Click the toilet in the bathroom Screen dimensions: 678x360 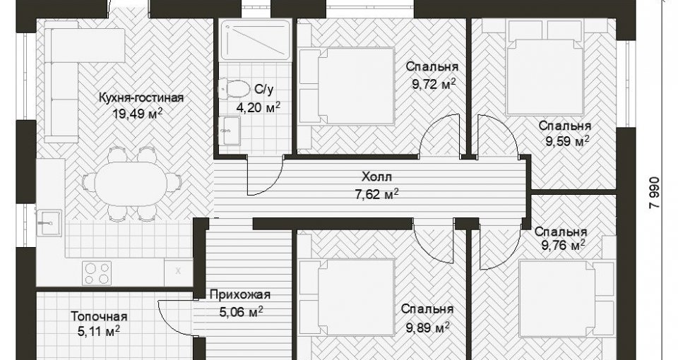click(234, 88)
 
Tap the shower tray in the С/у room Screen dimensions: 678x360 click(255, 40)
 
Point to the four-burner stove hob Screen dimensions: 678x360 click(97, 273)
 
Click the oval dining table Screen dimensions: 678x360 click(131, 184)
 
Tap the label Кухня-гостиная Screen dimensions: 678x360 click(141, 97)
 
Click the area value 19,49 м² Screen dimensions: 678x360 click(138, 114)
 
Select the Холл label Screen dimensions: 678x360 click(376, 176)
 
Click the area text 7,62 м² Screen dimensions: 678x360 click(376, 195)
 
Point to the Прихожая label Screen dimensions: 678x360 click(240, 295)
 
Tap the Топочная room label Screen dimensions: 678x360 click(99, 317)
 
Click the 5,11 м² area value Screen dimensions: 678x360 click(99, 332)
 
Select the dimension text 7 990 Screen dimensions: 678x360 click(655, 192)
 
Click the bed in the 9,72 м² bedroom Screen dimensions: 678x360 click(347, 86)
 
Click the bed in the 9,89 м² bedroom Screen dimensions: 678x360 click(347, 298)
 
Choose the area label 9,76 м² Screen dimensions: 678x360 click(564, 246)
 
